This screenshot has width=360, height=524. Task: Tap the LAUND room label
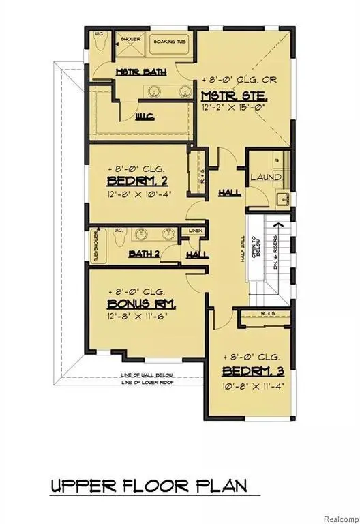coord(265,177)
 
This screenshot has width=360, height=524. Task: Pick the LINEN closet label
coord(195,231)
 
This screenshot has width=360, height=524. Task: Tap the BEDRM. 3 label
coord(252,371)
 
